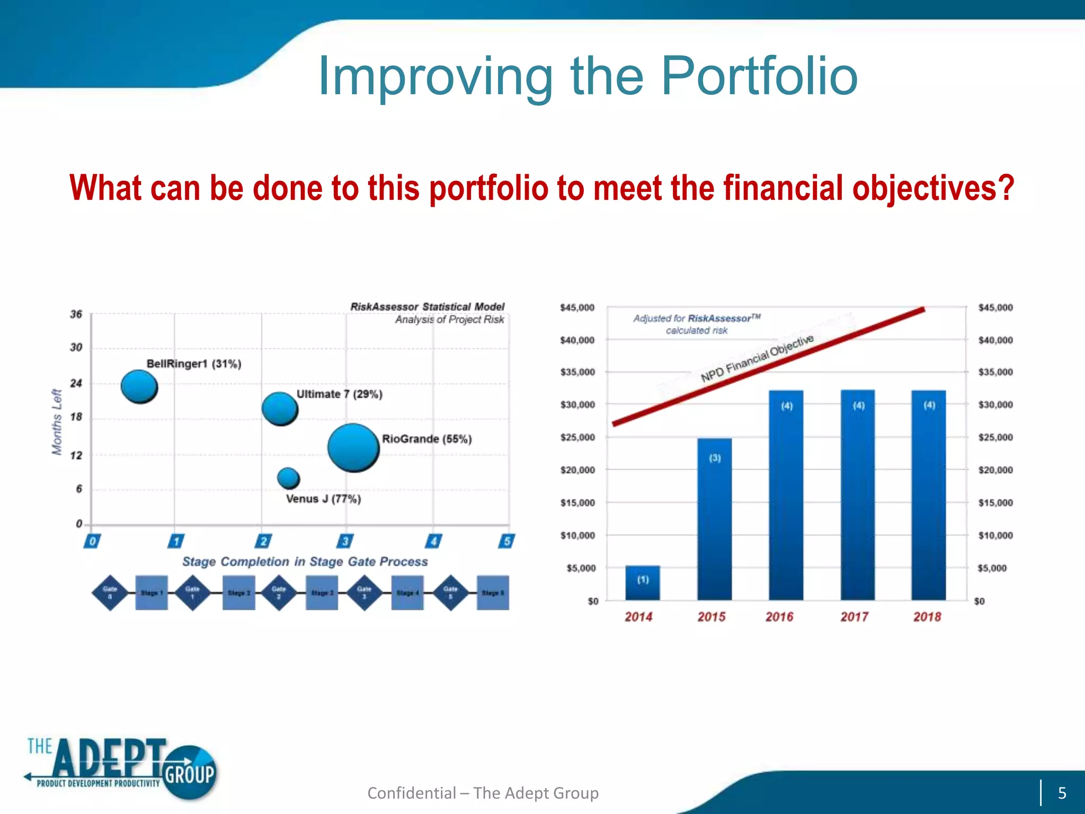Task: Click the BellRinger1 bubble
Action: point(139,386)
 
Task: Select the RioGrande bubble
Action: point(353,448)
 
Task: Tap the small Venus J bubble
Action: point(288,478)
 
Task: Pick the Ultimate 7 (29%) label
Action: point(339,394)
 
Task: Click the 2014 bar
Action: point(643,583)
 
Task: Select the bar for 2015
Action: point(714,519)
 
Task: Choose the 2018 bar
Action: point(929,496)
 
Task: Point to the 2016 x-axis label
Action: point(779,617)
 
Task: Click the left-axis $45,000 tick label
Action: point(577,308)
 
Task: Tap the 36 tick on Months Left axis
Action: point(76,315)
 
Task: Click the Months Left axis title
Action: point(57,422)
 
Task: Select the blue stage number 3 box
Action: point(345,541)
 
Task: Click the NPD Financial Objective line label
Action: point(757,358)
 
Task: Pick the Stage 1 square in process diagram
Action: point(152,592)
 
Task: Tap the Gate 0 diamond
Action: point(110,592)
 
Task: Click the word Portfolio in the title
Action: point(759,77)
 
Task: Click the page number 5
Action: point(1062,793)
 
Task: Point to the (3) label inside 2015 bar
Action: point(715,458)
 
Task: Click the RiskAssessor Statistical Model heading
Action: point(427,307)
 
